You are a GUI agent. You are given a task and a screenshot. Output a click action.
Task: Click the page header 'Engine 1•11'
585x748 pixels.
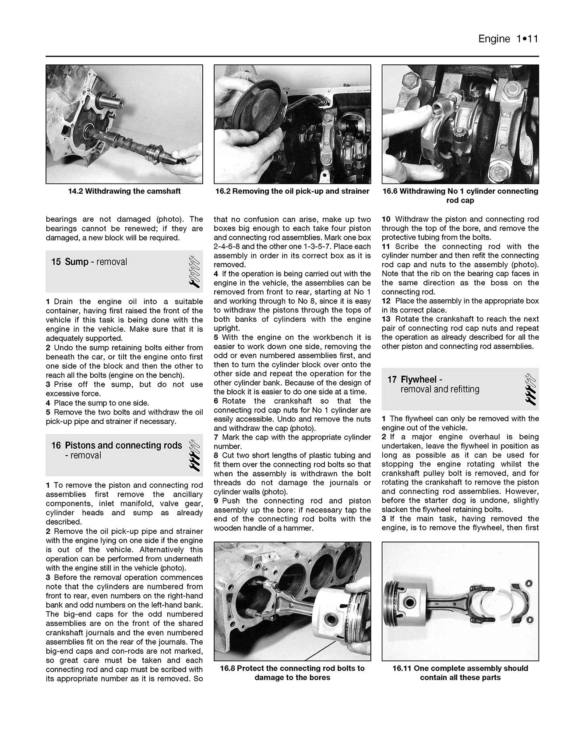click(x=507, y=39)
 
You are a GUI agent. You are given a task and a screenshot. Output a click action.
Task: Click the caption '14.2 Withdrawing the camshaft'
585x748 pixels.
click(x=124, y=191)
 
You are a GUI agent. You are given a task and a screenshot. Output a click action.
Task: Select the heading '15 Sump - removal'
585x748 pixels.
click(x=89, y=262)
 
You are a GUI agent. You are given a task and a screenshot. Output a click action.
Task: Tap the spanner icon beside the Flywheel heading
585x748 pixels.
click(x=530, y=389)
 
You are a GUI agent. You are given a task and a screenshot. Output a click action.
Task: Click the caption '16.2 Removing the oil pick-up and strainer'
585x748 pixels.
click(x=292, y=191)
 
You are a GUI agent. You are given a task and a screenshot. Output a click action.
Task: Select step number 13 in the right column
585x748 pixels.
click(x=386, y=319)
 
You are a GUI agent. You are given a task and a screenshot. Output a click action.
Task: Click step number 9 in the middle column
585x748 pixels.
click(x=216, y=501)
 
